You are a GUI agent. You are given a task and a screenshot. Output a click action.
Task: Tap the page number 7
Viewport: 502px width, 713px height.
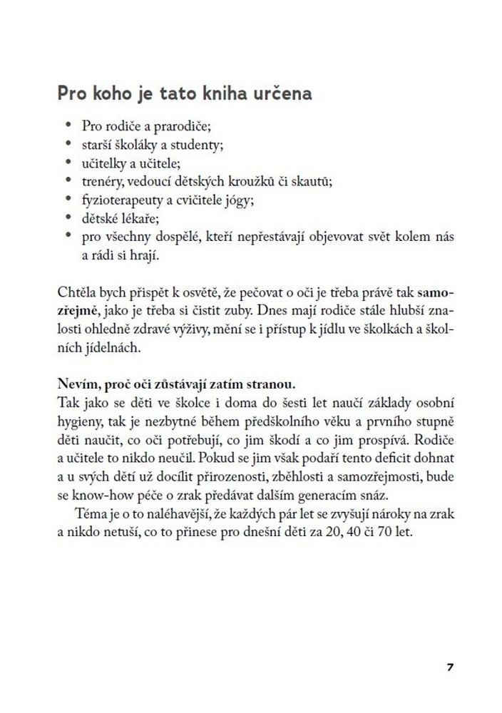point(449,667)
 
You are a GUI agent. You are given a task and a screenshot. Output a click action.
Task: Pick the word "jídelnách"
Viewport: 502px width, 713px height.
point(90,349)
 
